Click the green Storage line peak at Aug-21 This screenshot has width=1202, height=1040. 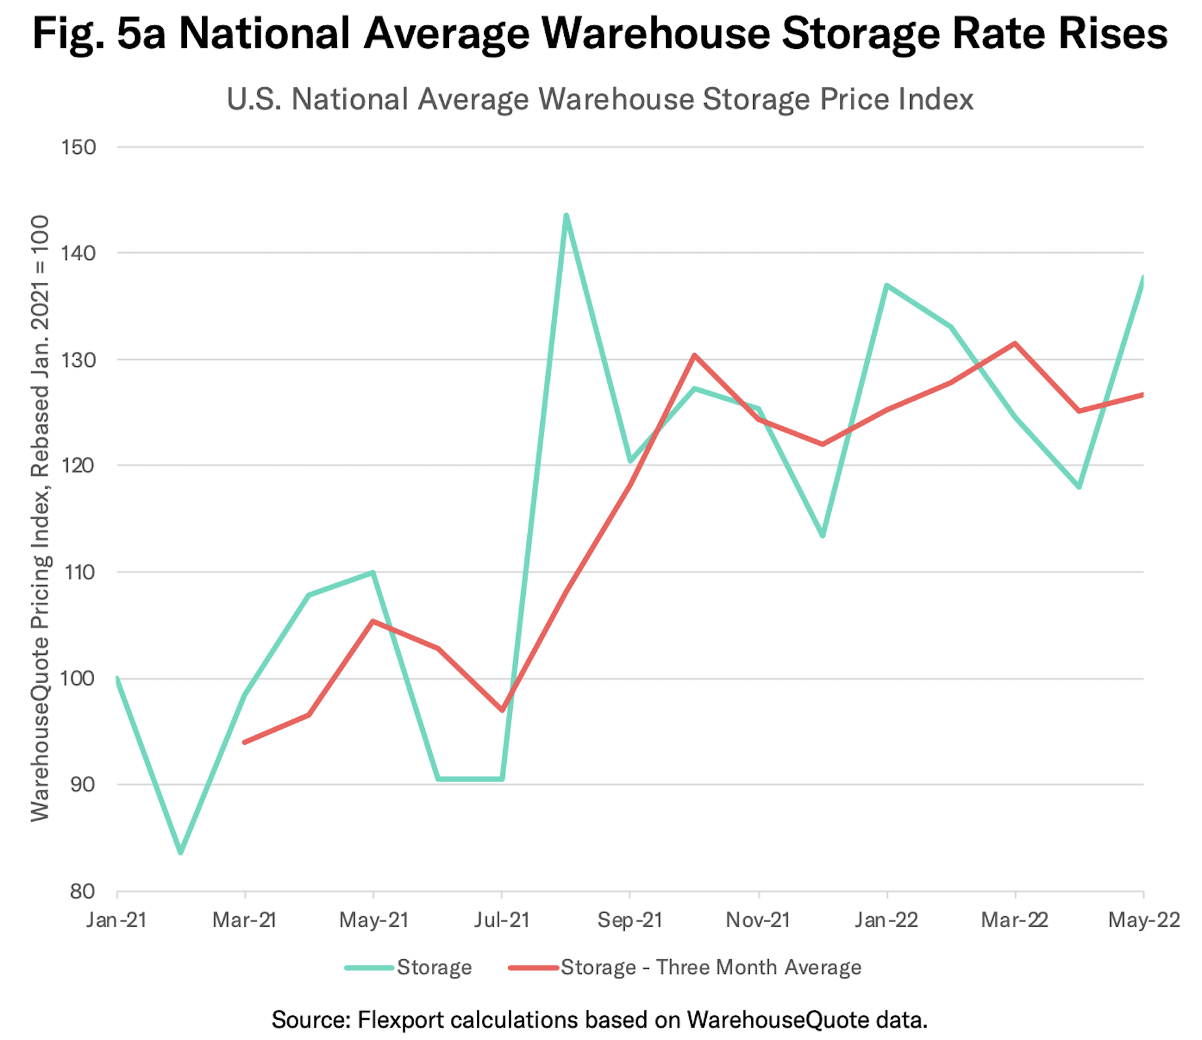coord(566,216)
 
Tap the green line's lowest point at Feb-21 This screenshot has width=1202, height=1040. coord(180,852)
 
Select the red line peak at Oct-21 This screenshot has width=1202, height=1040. coord(694,356)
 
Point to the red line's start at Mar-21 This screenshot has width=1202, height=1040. coord(244,742)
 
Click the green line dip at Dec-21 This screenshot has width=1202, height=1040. coord(823,536)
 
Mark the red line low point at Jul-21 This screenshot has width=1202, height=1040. coord(502,710)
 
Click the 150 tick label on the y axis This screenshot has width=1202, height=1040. coord(78,147)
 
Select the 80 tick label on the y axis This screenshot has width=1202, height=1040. coord(83,891)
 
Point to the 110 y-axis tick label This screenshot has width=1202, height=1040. coord(78,572)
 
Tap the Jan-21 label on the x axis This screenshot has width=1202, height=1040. coord(116,920)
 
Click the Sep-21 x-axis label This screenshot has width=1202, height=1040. coord(629,920)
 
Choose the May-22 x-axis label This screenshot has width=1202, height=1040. coord(1144,920)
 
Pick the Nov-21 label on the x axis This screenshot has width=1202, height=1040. coord(758,920)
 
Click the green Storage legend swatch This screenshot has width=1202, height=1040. coord(369,968)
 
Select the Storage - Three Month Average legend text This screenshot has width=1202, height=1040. coord(711,968)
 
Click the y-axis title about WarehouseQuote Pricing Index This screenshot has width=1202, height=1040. coord(40,518)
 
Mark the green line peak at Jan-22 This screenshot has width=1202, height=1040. coord(887,285)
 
